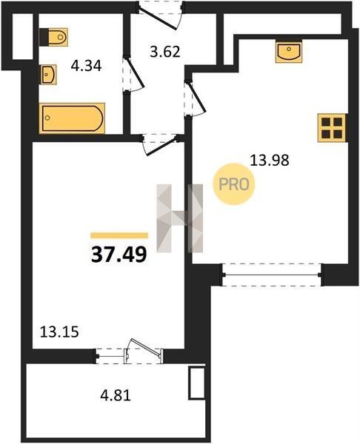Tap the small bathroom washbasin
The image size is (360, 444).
click(48, 75)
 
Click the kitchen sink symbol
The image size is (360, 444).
click(289, 52)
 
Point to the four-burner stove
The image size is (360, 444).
click(332, 128)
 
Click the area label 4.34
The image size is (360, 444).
click(86, 67)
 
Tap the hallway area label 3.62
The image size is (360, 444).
click(165, 52)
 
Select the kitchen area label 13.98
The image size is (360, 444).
click(270, 161)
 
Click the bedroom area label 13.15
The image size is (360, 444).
click(59, 332)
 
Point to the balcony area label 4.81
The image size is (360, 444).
click(116, 395)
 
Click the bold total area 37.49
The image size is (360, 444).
click(119, 255)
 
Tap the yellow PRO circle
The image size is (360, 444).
click(234, 184)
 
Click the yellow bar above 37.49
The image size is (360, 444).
click(119, 235)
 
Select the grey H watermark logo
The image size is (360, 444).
click(180, 218)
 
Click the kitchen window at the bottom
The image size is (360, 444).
click(272, 275)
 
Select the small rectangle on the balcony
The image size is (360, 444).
click(197, 383)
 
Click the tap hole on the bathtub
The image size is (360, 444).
click(47, 118)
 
